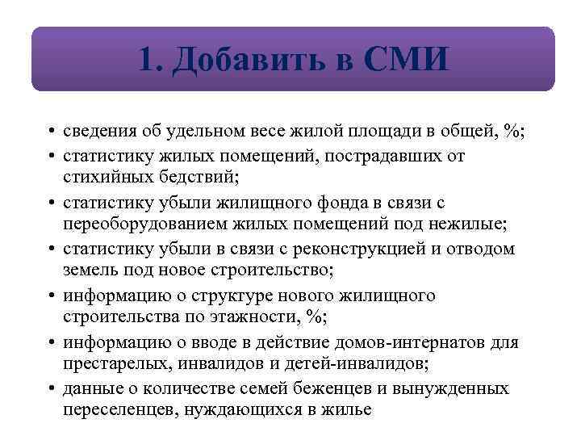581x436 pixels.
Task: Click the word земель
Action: pos(89,270)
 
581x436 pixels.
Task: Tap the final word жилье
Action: pos(350,409)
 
